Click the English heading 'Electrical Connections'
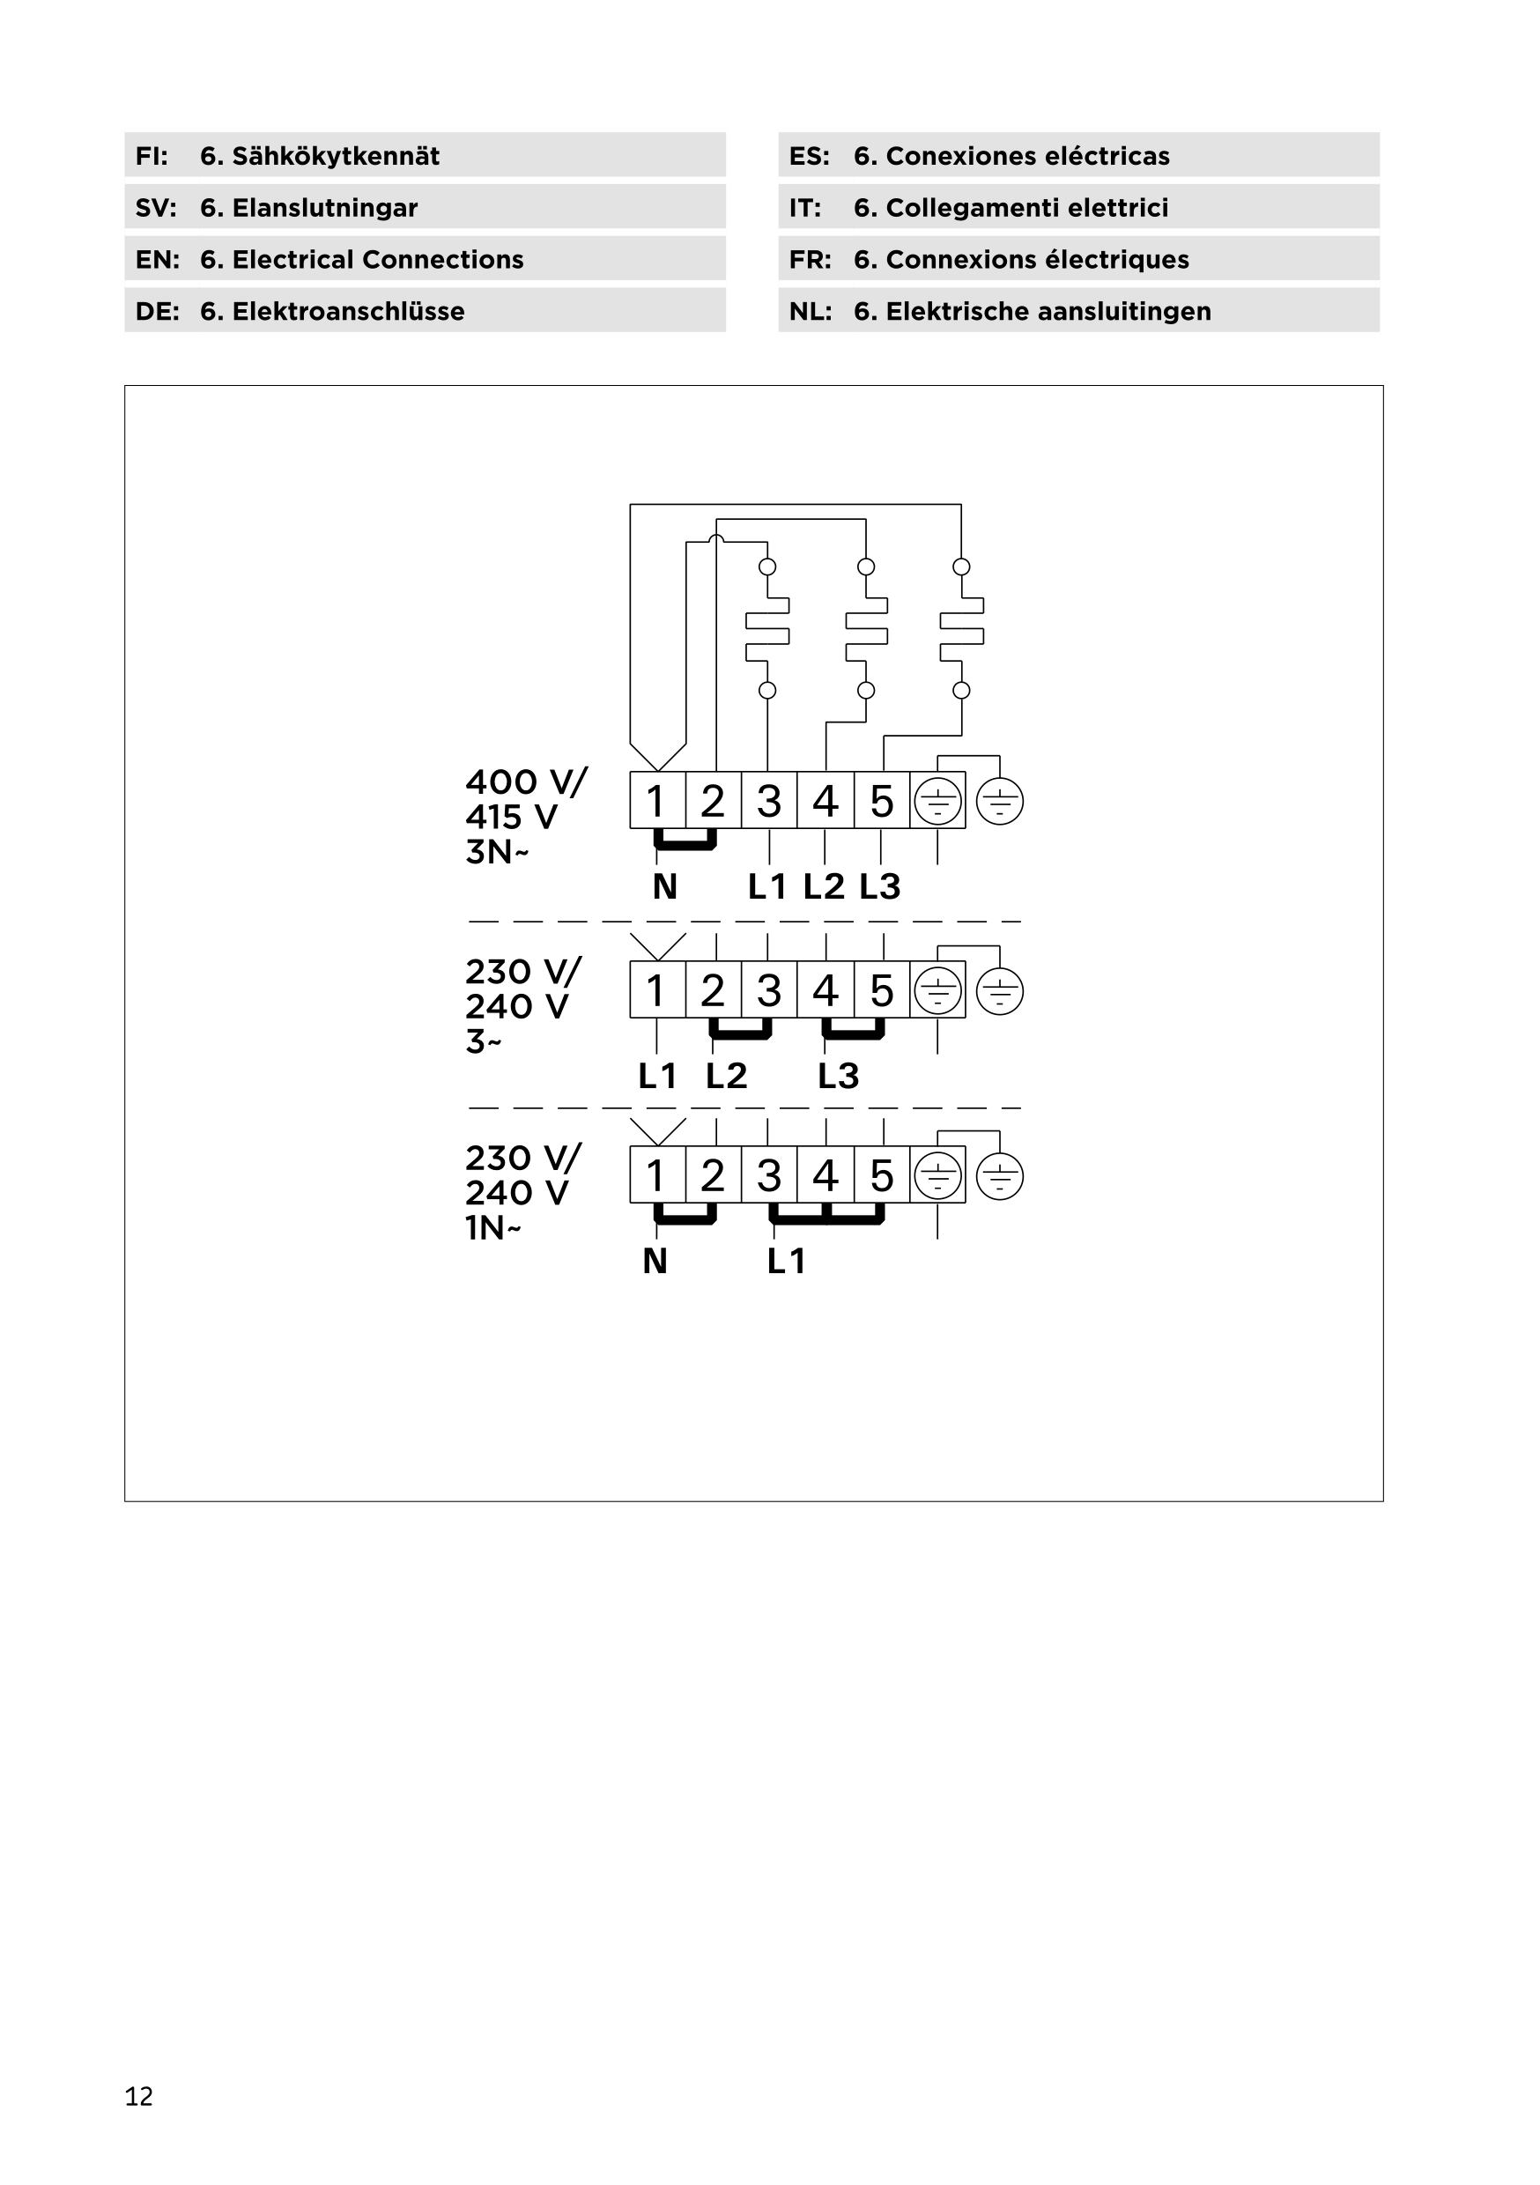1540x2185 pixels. tap(377, 260)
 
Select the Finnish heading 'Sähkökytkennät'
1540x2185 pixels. tap(335, 156)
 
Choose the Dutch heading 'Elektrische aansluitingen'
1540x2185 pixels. tap(1048, 311)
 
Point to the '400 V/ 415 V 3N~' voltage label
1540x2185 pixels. tap(525, 817)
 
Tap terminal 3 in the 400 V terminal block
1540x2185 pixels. tap(769, 801)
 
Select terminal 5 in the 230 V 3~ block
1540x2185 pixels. tap(881, 990)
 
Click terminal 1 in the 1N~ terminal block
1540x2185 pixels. tap(655, 1176)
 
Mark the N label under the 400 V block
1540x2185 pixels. tap(664, 887)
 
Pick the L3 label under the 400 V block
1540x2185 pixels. tap(879, 887)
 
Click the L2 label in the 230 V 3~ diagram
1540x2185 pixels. tap(726, 1077)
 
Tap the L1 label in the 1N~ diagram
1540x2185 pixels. tap(786, 1262)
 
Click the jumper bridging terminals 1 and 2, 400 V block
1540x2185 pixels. tap(685, 843)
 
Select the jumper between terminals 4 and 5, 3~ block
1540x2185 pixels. tap(854, 1033)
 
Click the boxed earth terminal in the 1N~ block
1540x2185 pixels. tap(937, 1176)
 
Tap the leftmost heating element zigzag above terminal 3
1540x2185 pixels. tap(767, 629)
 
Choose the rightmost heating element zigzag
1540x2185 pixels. tap(961, 629)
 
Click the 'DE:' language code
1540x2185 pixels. tap(157, 311)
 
